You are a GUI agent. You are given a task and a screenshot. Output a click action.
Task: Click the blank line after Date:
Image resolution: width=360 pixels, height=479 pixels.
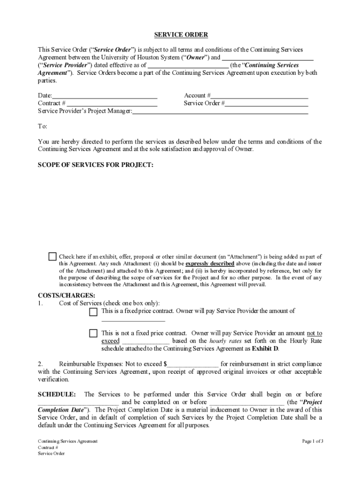[x=105, y=95]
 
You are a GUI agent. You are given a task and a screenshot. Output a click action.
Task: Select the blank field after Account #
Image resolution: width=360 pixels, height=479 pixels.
[x=259, y=95]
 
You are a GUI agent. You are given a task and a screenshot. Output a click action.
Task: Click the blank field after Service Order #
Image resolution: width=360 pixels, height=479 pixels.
[x=266, y=103]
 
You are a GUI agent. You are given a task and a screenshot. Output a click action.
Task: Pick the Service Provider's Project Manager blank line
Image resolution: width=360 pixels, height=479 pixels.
[x=220, y=111]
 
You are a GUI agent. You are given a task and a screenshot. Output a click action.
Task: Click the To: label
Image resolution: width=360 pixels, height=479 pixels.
[x=43, y=126]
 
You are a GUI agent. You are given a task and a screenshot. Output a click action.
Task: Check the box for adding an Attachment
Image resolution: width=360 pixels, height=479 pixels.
[x=52, y=257]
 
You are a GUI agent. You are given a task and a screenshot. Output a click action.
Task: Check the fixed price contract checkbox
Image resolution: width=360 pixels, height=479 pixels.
[x=94, y=312]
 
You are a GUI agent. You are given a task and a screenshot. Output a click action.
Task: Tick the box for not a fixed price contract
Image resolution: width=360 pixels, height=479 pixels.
[x=94, y=334]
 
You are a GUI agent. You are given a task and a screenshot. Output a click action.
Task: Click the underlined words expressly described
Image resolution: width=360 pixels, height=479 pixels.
[x=210, y=264]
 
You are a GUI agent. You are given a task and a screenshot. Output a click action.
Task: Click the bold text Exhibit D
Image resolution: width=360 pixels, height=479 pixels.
[x=265, y=348]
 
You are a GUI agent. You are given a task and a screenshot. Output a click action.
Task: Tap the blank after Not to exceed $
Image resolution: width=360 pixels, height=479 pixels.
[x=193, y=364]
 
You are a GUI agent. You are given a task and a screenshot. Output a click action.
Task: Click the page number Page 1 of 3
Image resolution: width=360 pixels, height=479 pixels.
[x=312, y=441]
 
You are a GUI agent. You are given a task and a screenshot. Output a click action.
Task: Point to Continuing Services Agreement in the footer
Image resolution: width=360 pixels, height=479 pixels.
[x=67, y=441]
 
